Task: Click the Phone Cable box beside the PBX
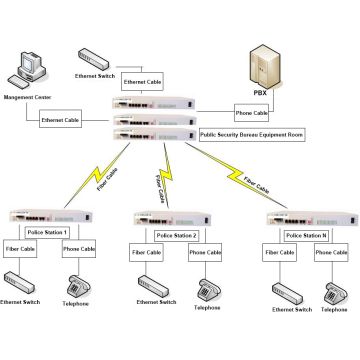pos(252,113)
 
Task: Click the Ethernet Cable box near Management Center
pos(60,120)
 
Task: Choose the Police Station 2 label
pos(175,235)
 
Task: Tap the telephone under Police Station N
pos(329,293)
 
